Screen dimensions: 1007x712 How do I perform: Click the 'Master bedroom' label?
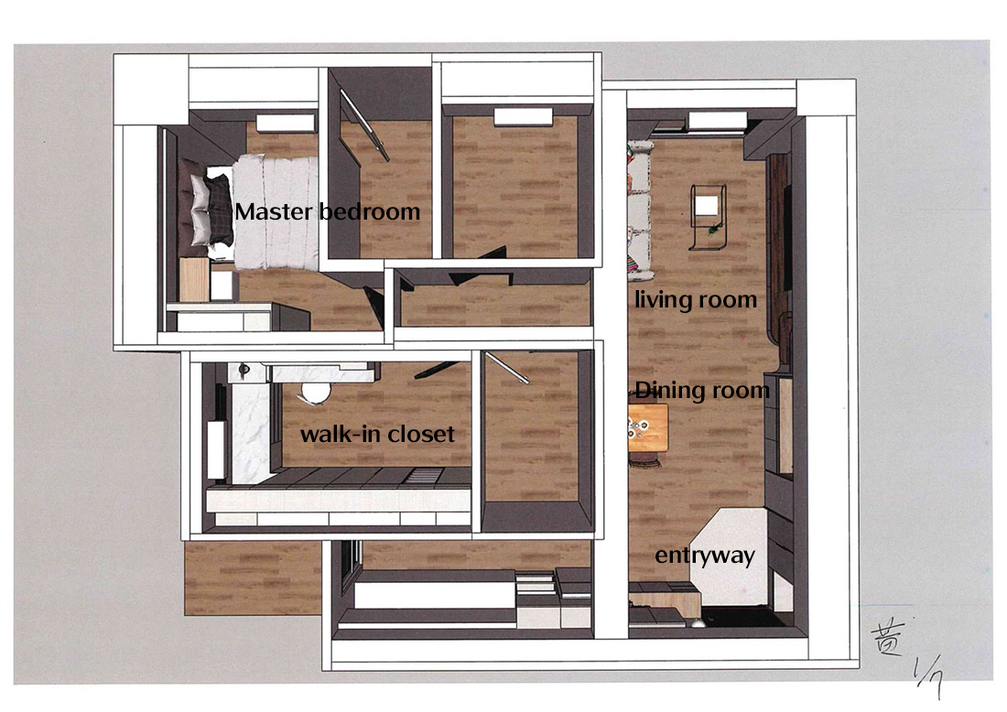pyautogui.click(x=328, y=211)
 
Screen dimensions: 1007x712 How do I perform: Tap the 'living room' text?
pyautogui.click(x=696, y=300)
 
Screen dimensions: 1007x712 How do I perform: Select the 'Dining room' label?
pyautogui.click(x=702, y=391)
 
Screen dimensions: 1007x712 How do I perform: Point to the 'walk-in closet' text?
pyautogui.click(x=377, y=434)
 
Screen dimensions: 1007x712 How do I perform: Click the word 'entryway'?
pyautogui.click(x=705, y=556)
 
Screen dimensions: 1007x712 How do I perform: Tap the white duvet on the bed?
pyautogui.click(x=276, y=212)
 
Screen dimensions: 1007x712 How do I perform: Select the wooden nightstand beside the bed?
pyautogui.click(x=194, y=279)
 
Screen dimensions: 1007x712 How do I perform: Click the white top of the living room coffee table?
pyautogui.click(x=707, y=206)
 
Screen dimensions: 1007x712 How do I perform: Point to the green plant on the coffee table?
pyautogui.click(x=713, y=228)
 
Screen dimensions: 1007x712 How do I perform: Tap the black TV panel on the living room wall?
pyautogui.click(x=786, y=238)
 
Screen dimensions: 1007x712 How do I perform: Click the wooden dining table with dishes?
pyautogui.click(x=648, y=427)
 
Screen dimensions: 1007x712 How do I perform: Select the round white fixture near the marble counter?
pyautogui.click(x=314, y=391)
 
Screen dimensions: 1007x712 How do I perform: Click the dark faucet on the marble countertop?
pyautogui.click(x=244, y=371)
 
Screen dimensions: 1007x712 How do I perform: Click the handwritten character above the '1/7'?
pyautogui.click(x=889, y=639)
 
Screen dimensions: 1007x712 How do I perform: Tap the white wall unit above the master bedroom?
pyautogui.click(x=286, y=123)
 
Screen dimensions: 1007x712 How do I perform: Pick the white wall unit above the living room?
pyautogui.click(x=718, y=120)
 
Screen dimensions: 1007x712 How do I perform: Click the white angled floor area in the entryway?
pyautogui.click(x=732, y=556)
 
